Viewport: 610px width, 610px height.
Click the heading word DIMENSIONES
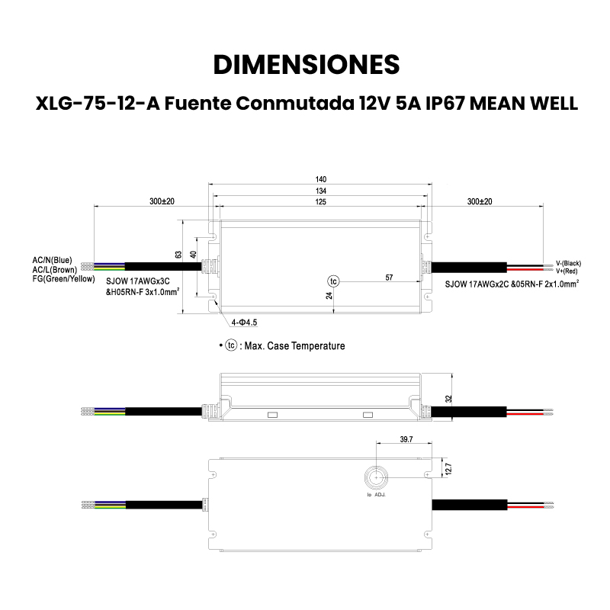[305, 63]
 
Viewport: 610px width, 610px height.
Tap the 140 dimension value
[320, 180]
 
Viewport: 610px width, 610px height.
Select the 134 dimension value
[320, 191]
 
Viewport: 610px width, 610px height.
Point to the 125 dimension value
[320, 202]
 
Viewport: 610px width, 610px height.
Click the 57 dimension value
[389, 278]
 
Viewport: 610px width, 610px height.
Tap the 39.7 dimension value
[406, 439]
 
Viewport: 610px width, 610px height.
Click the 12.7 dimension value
[449, 467]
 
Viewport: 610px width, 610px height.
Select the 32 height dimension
[449, 397]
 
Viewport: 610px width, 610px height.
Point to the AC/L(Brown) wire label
[53, 270]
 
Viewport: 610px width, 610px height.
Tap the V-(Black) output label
[569, 263]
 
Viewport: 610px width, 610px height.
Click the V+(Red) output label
[567, 271]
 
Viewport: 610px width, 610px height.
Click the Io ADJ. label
[376, 496]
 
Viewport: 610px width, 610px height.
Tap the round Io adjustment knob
[376, 477]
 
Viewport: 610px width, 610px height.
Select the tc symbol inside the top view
[333, 280]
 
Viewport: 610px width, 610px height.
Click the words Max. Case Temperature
[294, 346]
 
